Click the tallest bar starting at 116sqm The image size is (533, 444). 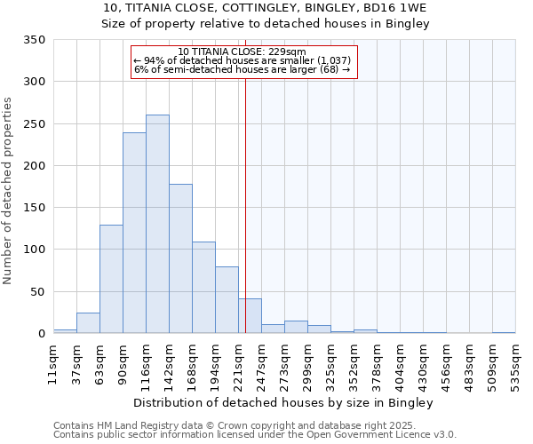[x=157, y=224]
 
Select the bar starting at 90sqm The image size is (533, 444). [x=134, y=233]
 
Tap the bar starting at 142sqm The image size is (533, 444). [x=180, y=258]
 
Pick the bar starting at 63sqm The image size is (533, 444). [x=111, y=279]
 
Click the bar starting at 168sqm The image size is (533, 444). [x=203, y=288]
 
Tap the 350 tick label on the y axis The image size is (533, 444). [x=34, y=40]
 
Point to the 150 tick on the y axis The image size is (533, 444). [x=34, y=208]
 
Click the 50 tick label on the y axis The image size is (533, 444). [x=37, y=291]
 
